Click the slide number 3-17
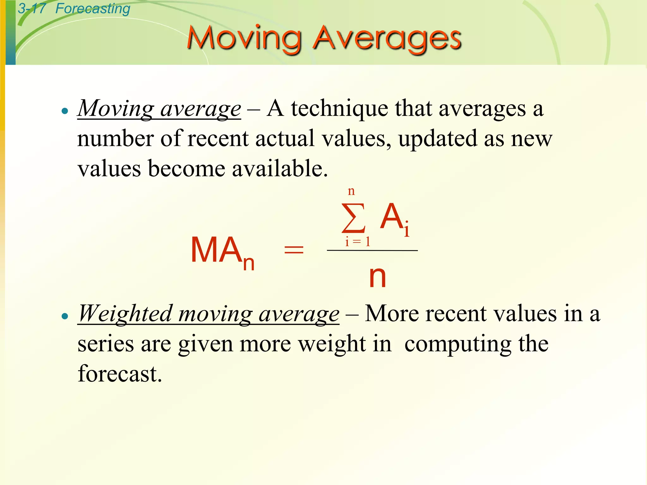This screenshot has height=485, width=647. click(x=32, y=9)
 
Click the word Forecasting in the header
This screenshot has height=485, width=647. click(x=93, y=9)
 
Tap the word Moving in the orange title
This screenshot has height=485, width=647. click(x=244, y=39)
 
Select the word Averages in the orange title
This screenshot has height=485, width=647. click(x=387, y=39)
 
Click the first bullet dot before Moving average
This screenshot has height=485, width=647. click(x=65, y=111)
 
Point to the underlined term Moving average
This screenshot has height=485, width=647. click(x=159, y=109)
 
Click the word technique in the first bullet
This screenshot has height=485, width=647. click(x=339, y=109)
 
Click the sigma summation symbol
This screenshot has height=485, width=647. click(x=354, y=218)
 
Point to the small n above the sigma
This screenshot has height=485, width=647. click(x=351, y=191)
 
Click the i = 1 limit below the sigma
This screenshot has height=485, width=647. click(x=357, y=242)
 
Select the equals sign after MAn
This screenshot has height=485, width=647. click(x=294, y=250)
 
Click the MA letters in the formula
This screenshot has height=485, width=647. click(x=216, y=250)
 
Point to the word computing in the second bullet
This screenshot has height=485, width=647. click(x=458, y=344)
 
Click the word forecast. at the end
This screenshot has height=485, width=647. click(x=120, y=374)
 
